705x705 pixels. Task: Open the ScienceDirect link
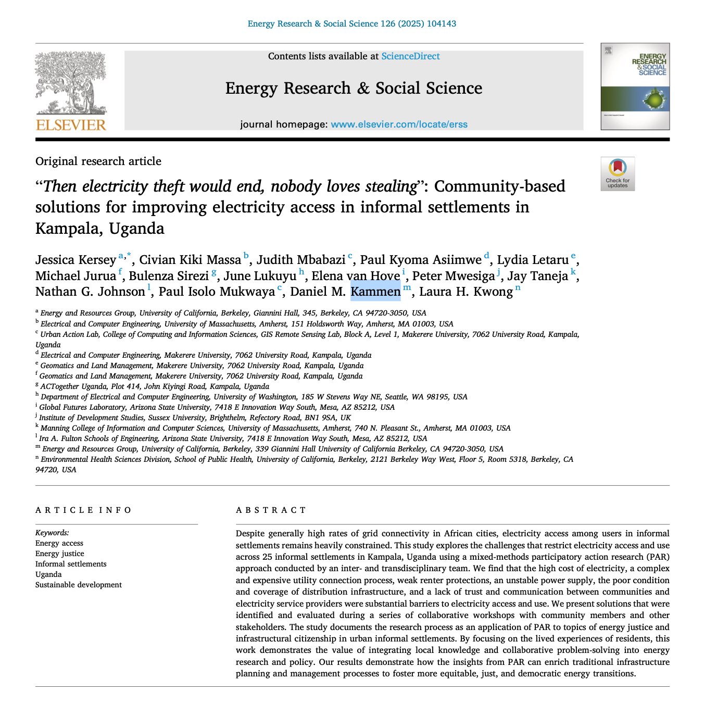(410, 56)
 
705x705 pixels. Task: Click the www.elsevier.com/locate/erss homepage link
(399, 124)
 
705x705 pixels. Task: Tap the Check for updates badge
(618, 173)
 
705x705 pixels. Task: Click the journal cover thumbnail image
(635, 86)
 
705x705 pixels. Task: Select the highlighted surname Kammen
(375, 292)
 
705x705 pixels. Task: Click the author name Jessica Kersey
(75, 260)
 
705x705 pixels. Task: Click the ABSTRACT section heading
(271, 510)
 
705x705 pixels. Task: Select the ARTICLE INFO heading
(84, 510)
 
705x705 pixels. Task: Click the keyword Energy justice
(59, 553)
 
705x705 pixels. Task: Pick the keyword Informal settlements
(71, 564)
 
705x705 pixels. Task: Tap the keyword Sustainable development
(79, 585)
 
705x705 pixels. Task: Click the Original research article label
(98, 161)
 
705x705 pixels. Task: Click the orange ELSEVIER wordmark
(71, 125)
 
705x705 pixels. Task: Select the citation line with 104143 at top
(352, 23)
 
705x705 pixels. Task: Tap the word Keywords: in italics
(52, 533)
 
